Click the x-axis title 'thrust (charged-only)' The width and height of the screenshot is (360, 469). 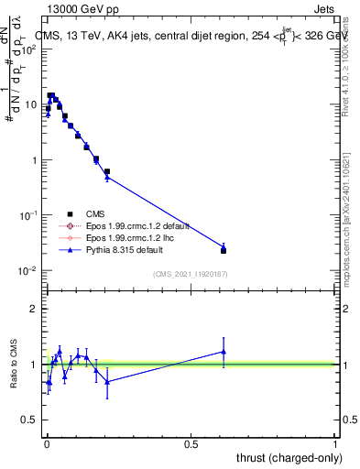click(285, 456)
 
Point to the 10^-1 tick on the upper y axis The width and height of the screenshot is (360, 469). click(30, 215)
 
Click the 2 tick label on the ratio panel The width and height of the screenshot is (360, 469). click(35, 309)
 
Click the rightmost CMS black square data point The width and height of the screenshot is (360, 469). click(224, 250)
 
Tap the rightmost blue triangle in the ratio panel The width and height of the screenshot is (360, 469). click(224, 352)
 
